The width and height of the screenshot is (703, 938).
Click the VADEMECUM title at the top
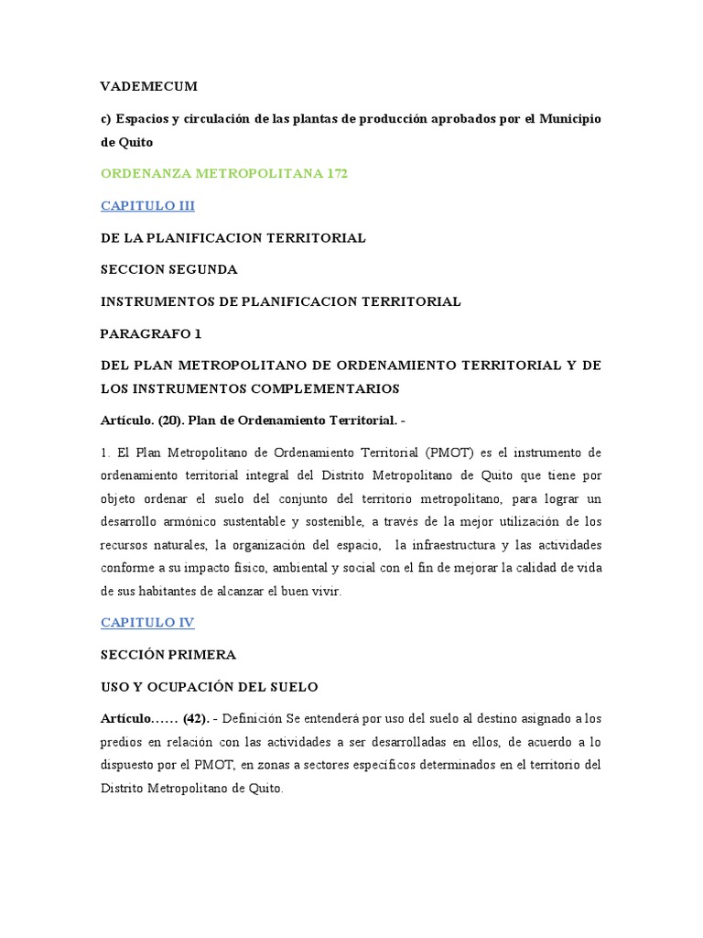pos(148,87)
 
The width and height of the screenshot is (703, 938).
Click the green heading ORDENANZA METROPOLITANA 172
pos(224,174)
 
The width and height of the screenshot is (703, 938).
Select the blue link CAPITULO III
pos(147,206)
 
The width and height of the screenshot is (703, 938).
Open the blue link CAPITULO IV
pos(147,623)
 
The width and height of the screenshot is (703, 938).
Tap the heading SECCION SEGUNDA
pos(169,269)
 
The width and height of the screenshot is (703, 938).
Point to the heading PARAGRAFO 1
pos(150,333)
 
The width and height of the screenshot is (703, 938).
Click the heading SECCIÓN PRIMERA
pos(168,655)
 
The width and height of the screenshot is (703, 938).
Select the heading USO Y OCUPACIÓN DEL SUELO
pos(209,687)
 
